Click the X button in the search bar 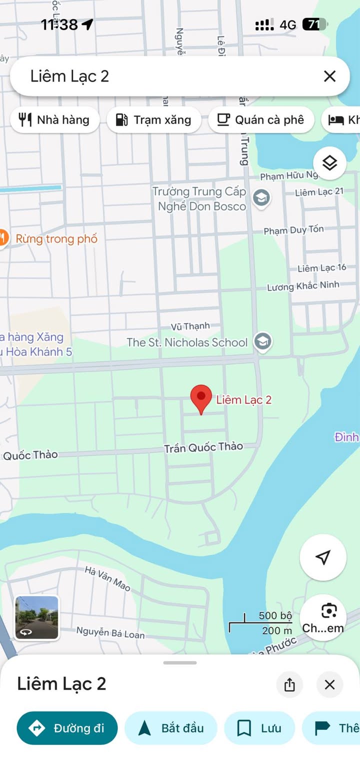[x=329, y=76]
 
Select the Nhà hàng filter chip [x=54, y=120]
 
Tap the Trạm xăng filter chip [x=154, y=120]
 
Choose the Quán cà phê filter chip [x=261, y=120]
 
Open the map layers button [x=329, y=163]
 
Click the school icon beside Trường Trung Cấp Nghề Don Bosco [x=261, y=198]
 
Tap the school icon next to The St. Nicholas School [x=261, y=342]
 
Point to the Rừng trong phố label [x=56, y=238]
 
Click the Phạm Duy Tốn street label [x=293, y=230]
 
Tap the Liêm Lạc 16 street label [x=321, y=268]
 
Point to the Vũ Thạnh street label [x=190, y=326]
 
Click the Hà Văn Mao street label [x=107, y=578]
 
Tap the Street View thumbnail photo [x=36, y=618]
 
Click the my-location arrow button [x=323, y=557]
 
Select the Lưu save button [x=259, y=728]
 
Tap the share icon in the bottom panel [x=289, y=684]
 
